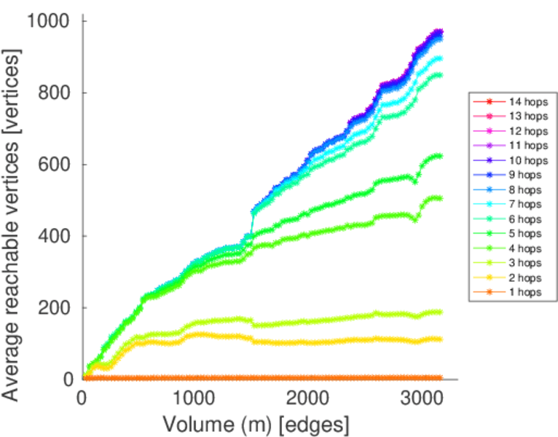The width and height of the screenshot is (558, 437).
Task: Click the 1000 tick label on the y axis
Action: point(48,21)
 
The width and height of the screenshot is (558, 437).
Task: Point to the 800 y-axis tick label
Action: point(54,92)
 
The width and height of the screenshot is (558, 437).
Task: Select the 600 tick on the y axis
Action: point(54,164)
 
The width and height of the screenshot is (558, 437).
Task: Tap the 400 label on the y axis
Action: point(54,236)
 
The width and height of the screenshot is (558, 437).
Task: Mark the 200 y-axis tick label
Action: point(54,307)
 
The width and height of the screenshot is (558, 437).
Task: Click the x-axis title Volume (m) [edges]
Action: point(256,424)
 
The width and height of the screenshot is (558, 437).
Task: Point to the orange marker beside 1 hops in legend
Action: point(490,292)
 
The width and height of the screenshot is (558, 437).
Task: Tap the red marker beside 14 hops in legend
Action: point(490,102)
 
